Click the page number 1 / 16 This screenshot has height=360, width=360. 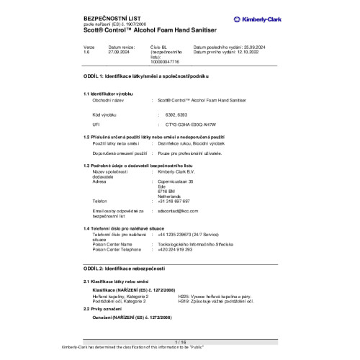(x=180, y=341)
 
